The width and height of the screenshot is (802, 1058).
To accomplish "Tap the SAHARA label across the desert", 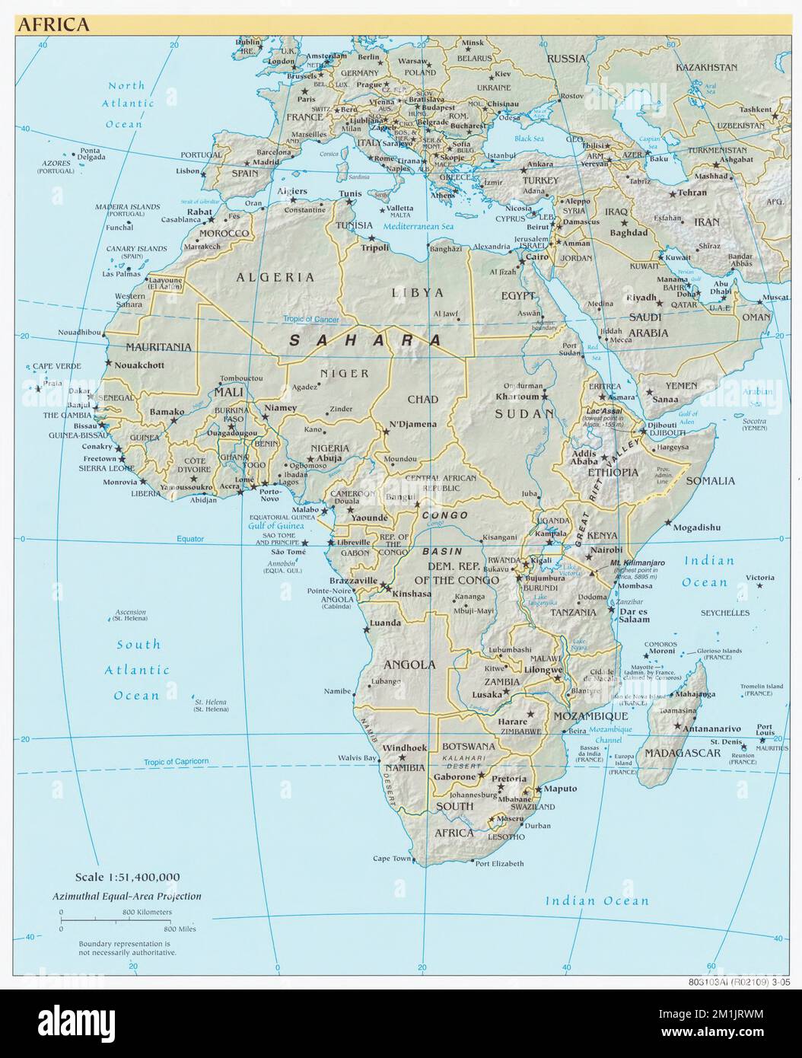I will (364, 340).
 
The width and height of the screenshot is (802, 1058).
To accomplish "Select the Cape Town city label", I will (392, 859).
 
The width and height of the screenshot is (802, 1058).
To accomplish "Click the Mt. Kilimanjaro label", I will (638, 562).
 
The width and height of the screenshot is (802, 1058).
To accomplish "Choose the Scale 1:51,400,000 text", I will (128, 878).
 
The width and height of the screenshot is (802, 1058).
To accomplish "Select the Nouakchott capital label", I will (139, 365).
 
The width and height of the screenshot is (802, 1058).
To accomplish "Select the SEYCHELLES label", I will (724, 613).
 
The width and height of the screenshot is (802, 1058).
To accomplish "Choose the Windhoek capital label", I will (406, 747).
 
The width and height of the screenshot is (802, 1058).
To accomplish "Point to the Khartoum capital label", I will (517, 397).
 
